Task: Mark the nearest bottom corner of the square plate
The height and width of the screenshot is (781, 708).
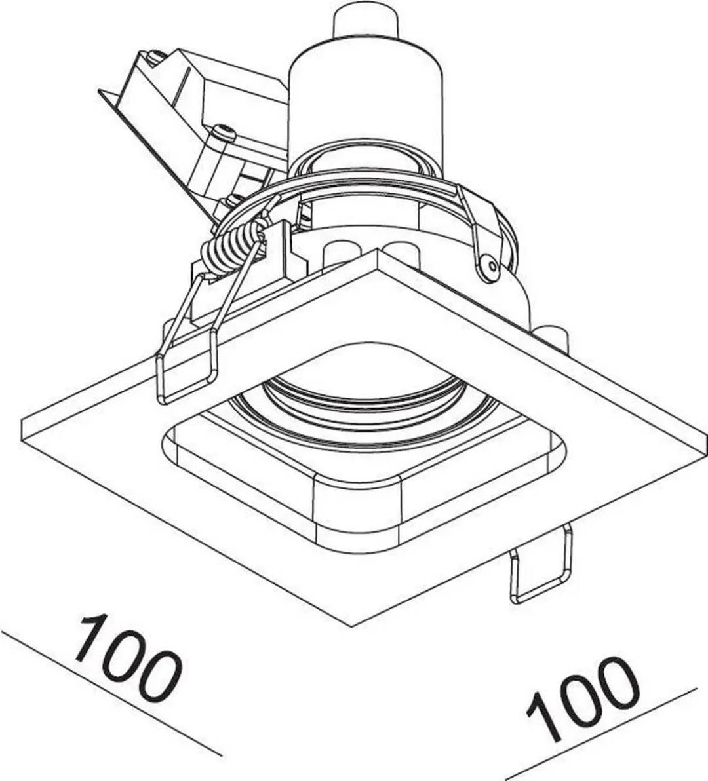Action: (352, 626)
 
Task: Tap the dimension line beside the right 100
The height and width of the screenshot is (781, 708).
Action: (600, 734)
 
